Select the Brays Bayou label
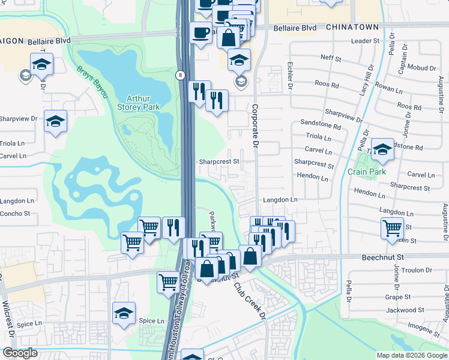pos(92,82)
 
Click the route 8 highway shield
pos(180,74)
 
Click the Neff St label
pos(331,59)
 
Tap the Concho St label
pos(15,214)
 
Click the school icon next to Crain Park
pos(382,149)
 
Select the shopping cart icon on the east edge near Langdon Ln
pos(391,228)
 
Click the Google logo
pos(20,353)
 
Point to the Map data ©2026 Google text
pos(411,355)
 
